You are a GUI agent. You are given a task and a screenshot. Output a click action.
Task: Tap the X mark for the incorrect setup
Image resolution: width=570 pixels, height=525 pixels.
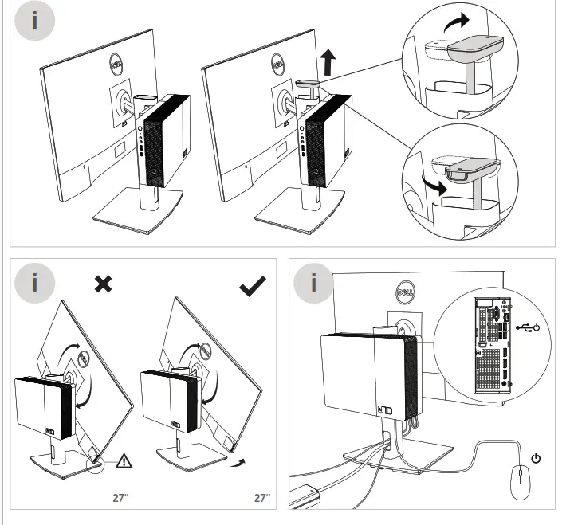tap(103, 284)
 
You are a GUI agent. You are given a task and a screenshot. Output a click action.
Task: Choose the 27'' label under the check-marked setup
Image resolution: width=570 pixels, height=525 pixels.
tap(262, 498)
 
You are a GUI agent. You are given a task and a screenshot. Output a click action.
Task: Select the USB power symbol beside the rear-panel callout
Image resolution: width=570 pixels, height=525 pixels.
tap(529, 327)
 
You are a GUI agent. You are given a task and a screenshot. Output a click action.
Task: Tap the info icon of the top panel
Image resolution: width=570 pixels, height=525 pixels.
tap(34, 22)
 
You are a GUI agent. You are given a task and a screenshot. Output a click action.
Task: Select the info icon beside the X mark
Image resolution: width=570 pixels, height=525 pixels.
tap(34, 284)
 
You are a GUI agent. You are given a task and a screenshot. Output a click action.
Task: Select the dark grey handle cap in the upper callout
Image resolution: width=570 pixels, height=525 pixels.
tap(477, 49)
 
